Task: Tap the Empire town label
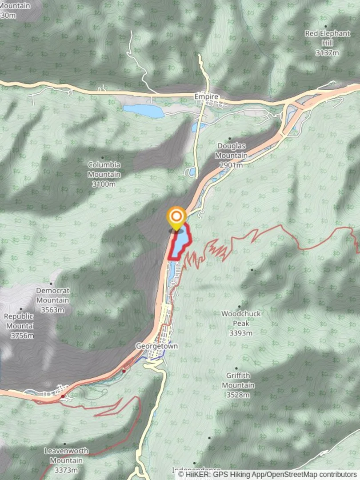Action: tap(206, 96)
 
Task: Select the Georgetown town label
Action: tap(157, 346)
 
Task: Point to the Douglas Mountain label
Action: tap(232, 151)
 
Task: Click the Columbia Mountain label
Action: tap(104, 169)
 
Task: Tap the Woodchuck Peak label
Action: tap(241, 319)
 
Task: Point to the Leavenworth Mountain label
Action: tap(66, 455)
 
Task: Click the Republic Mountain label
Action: tap(19, 321)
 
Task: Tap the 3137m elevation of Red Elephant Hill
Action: tap(327, 53)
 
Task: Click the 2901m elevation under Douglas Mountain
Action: tap(231, 165)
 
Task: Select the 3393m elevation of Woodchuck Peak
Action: tap(241, 333)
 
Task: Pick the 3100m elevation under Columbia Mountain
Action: tap(104, 184)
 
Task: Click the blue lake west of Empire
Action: tap(144, 111)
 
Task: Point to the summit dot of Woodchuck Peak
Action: tap(240, 307)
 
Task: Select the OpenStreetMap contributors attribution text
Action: tap(311, 474)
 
